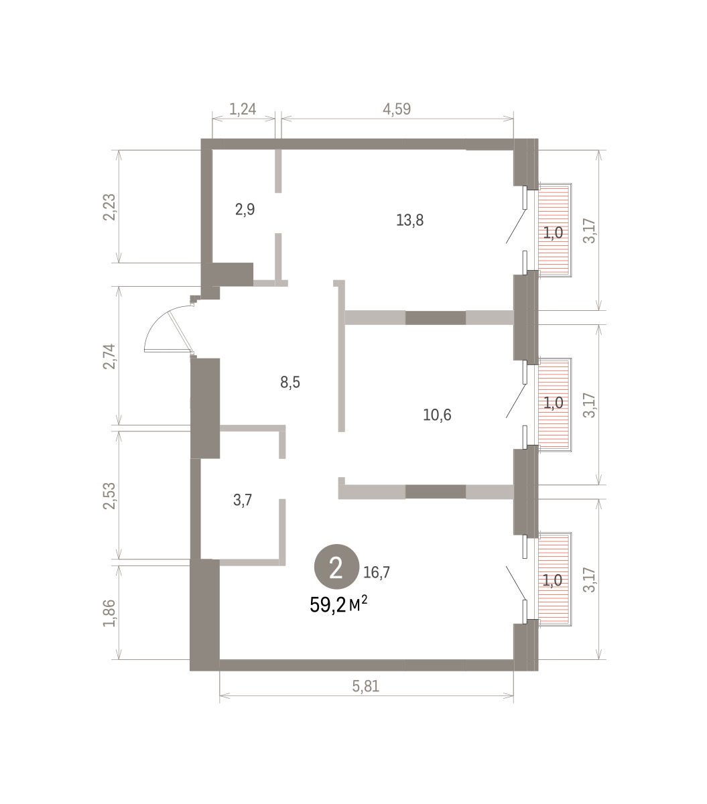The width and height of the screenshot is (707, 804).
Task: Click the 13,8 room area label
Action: click(x=409, y=220)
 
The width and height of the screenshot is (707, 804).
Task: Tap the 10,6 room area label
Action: click(x=437, y=415)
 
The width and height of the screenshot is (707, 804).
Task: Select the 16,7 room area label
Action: click(x=377, y=572)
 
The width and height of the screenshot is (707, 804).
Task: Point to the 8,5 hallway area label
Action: click(x=290, y=382)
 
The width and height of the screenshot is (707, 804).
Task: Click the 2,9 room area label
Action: click(x=245, y=209)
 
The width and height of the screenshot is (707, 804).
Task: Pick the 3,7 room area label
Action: click(x=243, y=500)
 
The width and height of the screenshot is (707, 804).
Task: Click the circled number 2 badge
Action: click(x=336, y=567)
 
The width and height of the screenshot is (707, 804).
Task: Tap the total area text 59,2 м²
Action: click(x=338, y=605)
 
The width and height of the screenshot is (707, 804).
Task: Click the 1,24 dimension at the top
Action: click(x=243, y=109)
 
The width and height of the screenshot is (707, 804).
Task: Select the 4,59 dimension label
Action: click(x=397, y=109)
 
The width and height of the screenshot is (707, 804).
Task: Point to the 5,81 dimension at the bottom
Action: click(x=366, y=686)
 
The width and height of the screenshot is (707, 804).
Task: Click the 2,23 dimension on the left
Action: click(x=109, y=207)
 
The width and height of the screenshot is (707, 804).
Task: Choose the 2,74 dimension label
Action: click(x=109, y=356)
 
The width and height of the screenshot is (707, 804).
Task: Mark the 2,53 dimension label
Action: click(x=109, y=496)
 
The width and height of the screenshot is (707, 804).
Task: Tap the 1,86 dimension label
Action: click(x=109, y=613)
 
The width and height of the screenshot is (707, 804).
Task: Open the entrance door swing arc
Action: click(x=169, y=329)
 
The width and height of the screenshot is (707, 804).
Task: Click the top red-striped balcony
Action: click(x=553, y=230)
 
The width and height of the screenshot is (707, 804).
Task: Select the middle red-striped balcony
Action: click(x=553, y=405)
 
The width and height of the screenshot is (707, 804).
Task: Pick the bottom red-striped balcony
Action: click(x=553, y=579)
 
